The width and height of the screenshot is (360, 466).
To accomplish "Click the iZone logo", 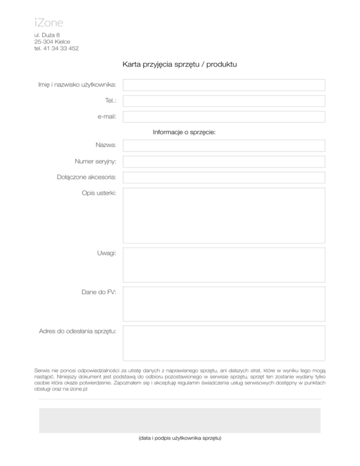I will tap(49, 23).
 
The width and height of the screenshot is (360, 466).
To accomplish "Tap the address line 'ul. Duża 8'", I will tap(47, 35).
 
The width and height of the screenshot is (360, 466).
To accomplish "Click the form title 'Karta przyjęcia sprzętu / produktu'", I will tap(180, 64).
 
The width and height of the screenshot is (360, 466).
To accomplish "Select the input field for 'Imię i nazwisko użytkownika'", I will tap(224, 85).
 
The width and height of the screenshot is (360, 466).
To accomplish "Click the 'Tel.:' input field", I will tap(224, 101).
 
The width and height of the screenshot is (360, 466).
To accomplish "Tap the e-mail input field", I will tap(224, 117).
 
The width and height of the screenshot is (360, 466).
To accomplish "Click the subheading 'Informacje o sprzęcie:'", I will tap(184, 133).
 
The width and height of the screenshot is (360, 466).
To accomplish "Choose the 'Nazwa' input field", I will tap(224, 146).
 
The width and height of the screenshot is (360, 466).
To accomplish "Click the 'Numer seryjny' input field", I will tap(224, 162).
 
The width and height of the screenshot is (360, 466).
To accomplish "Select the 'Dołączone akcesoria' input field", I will tap(224, 178).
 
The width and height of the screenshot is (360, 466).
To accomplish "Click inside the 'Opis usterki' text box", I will tap(224, 216).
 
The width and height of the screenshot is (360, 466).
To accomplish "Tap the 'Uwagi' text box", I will tap(224, 265).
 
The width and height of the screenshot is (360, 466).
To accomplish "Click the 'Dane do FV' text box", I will tap(224, 304).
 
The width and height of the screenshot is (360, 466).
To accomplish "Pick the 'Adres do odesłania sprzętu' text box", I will tap(224, 343).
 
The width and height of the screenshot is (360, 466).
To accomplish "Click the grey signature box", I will tap(180, 420).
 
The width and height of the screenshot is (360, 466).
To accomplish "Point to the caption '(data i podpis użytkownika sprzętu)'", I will tap(180, 438).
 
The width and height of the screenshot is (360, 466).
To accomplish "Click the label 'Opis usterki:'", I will tap(99, 193).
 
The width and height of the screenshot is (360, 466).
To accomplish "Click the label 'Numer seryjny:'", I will tap(96, 162).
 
